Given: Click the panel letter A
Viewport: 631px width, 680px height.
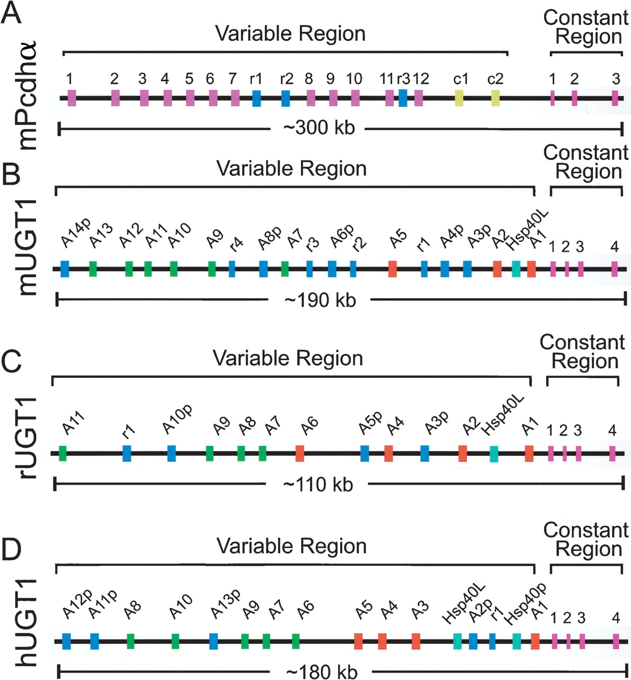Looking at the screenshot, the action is (11, 13).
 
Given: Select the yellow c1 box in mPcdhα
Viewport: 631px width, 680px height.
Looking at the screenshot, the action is (459, 98).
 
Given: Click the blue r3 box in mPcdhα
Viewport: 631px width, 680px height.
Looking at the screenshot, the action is (403, 98).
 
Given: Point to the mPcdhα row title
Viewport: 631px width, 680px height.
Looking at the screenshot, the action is (27, 95).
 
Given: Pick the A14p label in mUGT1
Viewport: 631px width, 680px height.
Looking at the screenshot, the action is (75, 232).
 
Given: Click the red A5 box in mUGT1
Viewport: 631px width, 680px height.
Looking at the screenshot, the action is (393, 269).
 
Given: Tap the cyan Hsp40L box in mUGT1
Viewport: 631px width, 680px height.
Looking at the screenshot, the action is (516, 269).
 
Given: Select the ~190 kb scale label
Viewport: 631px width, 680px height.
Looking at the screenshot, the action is (320, 301).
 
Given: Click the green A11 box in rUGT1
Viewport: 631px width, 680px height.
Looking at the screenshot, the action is (62, 453).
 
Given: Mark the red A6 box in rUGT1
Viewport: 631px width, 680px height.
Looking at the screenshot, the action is (300, 453).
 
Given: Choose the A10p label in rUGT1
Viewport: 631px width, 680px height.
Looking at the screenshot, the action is (177, 420).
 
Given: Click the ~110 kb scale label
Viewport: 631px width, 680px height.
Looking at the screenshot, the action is (318, 485).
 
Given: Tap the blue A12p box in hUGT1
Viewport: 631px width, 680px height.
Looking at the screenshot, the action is (66, 641).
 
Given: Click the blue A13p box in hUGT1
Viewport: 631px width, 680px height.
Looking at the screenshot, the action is (213, 641).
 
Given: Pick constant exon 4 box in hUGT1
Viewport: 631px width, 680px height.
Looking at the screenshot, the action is (616, 641).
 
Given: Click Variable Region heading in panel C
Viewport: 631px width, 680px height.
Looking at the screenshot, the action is (288, 359).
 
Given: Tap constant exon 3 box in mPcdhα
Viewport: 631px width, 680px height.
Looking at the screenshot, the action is (615, 98).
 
